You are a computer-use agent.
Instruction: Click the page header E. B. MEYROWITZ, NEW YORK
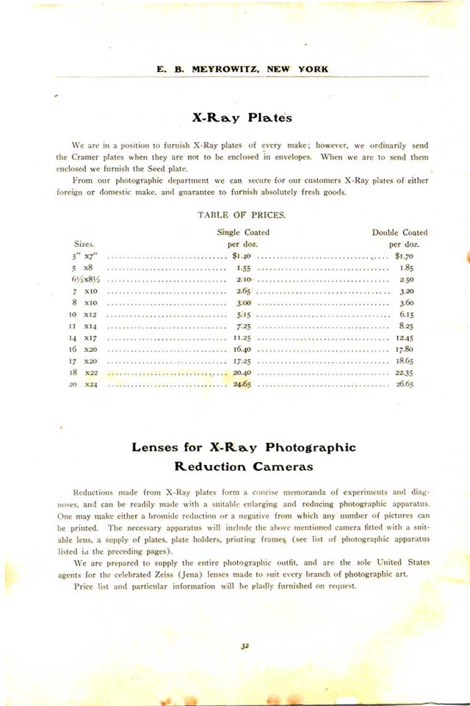242,69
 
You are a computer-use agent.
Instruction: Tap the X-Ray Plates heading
242,118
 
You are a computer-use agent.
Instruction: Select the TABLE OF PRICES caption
242,215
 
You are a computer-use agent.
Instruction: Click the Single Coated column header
243,233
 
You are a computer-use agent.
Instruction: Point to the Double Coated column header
399,233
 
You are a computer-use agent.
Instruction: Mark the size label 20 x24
82,384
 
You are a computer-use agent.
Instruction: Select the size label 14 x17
82,337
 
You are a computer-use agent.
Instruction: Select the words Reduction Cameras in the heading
242,467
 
